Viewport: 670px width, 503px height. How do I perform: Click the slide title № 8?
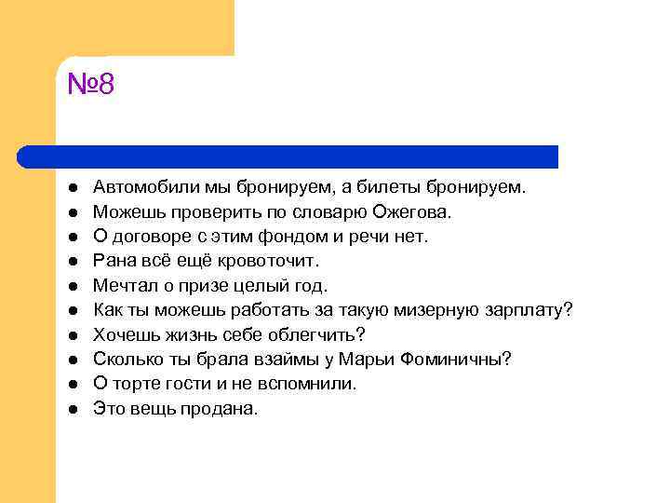(90, 86)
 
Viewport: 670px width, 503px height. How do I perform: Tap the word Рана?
(113, 261)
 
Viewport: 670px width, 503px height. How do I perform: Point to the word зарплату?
(529, 310)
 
